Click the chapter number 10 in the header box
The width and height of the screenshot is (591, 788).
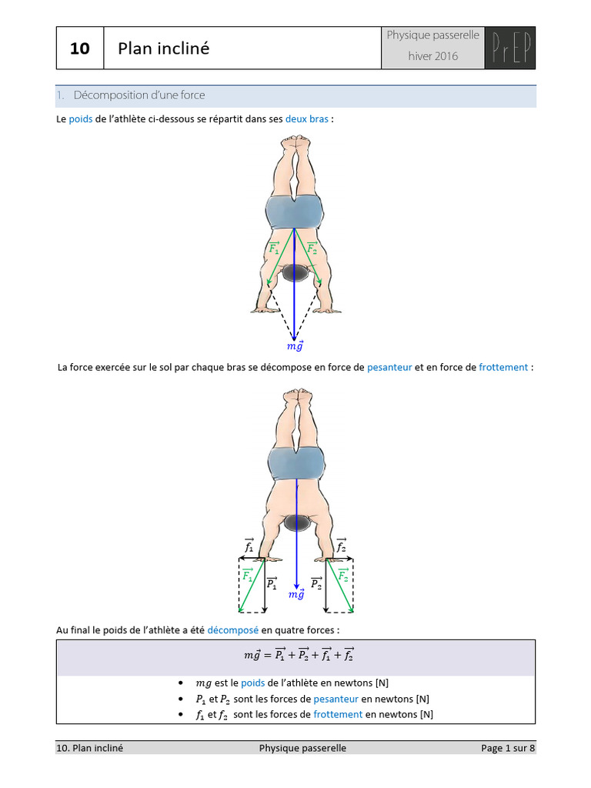tap(80, 48)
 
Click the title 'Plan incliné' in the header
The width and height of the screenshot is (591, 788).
tap(163, 48)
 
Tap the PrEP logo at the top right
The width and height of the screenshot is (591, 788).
tap(509, 47)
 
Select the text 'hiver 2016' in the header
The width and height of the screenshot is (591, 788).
tap(432, 56)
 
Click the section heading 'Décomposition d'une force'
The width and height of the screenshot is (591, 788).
tap(139, 95)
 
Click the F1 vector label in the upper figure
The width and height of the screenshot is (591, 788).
tap(273, 248)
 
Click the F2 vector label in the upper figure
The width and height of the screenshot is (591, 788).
tap(312, 248)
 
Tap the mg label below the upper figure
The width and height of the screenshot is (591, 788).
tap(295, 346)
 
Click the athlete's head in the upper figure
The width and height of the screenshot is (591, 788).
tap(295, 272)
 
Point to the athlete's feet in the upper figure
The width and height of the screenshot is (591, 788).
tap(296, 144)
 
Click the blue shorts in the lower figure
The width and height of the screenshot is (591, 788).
tap(296, 463)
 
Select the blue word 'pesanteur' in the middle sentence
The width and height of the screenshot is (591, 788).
tap(389, 367)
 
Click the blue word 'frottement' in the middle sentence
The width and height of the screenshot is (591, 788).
tap(503, 367)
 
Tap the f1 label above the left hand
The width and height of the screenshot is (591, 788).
tap(249, 546)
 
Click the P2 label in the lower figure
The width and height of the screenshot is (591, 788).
tap(316, 584)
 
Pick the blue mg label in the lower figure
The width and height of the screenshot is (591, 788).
tap(295, 594)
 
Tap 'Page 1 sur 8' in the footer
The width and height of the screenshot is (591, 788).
tap(507, 748)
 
